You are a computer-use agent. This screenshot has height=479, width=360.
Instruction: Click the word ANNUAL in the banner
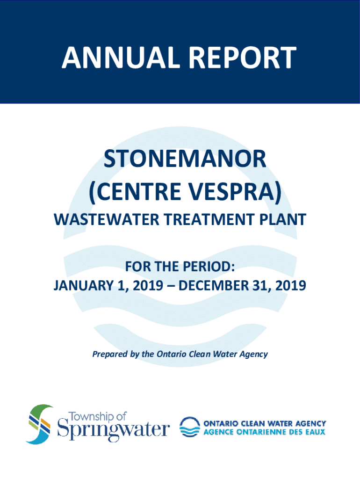point(121,58)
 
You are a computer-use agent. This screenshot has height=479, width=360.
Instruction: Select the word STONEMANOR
point(185,159)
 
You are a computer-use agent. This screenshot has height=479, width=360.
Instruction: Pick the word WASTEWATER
point(107,220)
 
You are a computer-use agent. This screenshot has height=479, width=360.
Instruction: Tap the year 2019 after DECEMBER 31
point(290,285)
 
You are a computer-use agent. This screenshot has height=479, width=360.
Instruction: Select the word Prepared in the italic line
point(110,354)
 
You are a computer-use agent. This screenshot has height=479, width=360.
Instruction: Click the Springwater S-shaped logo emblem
point(40,424)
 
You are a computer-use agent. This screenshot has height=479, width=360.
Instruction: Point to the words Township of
point(97,417)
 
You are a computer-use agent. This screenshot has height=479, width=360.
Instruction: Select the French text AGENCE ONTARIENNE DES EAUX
point(265,432)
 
